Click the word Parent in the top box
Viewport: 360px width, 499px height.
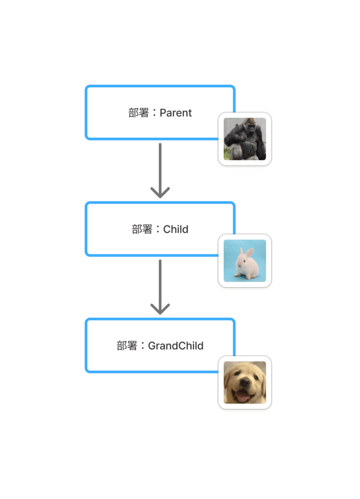(x=175, y=113)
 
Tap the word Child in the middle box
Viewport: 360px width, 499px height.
(x=175, y=229)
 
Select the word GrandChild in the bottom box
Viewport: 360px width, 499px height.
(x=175, y=345)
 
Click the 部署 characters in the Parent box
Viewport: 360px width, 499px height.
(x=139, y=113)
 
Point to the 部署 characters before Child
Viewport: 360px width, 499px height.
(x=142, y=229)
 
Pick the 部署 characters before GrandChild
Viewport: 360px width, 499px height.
(x=127, y=345)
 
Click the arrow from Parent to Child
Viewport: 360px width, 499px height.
(x=160, y=171)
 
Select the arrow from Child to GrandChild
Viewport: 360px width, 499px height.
(x=160, y=287)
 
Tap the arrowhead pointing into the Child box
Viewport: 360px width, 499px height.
(x=160, y=192)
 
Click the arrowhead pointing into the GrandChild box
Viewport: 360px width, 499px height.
(x=160, y=309)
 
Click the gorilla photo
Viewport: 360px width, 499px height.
(x=245, y=139)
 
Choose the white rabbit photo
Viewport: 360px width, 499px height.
(x=245, y=261)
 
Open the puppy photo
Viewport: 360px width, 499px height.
(x=245, y=383)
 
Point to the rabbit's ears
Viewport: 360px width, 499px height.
(x=246, y=253)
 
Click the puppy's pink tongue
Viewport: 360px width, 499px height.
(x=243, y=397)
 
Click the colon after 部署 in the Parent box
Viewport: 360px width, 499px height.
(x=154, y=113)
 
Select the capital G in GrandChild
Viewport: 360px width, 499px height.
(x=152, y=345)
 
